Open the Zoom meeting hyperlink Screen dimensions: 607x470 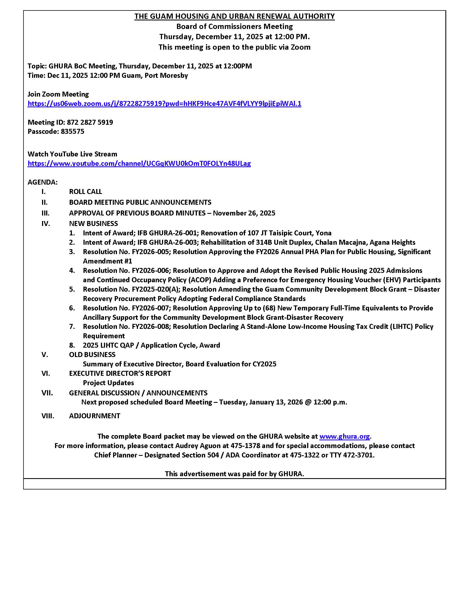(164, 104)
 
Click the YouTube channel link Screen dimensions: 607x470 (139, 163)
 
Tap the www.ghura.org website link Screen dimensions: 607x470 (344, 436)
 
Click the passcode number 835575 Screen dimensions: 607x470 (72, 131)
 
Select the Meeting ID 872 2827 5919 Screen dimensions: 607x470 (90, 122)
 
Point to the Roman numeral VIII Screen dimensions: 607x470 (48, 416)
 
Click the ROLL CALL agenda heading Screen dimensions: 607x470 (85, 191)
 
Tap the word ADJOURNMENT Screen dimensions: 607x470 (95, 416)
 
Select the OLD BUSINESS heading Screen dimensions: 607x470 (92, 355)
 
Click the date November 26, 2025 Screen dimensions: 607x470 (244, 213)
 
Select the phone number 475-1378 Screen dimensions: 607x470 (245, 446)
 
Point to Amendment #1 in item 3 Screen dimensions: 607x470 (108, 261)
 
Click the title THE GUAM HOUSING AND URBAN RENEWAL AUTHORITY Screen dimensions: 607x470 (234, 16)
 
